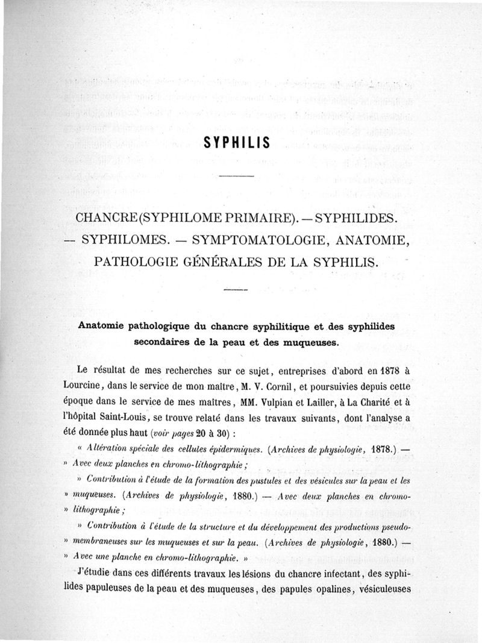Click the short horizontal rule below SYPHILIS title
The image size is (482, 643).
click(x=237, y=176)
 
